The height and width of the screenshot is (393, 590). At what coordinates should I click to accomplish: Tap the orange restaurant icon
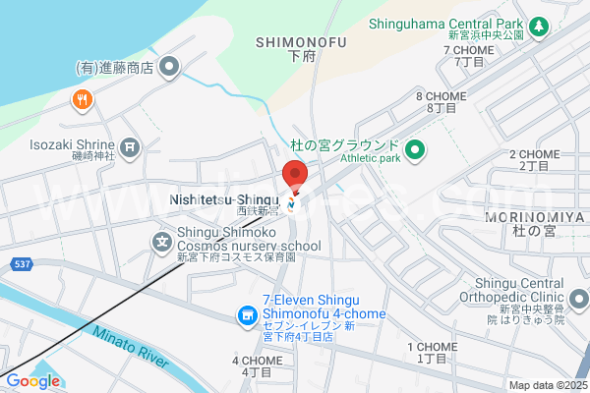(x=82, y=98)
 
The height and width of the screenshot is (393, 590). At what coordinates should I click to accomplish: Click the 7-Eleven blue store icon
(x=247, y=315)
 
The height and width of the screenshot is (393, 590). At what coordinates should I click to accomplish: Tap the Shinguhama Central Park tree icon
(x=538, y=27)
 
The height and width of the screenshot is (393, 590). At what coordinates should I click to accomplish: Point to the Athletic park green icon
(x=415, y=150)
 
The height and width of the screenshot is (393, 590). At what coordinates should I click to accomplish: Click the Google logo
(x=32, y=381)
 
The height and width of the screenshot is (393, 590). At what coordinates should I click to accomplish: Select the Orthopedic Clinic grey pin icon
(x=579, y=297)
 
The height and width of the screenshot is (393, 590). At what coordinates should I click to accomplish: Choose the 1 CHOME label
(x=432, y=352)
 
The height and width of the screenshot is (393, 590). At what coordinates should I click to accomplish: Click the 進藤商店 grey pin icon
(x=170, y=69)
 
